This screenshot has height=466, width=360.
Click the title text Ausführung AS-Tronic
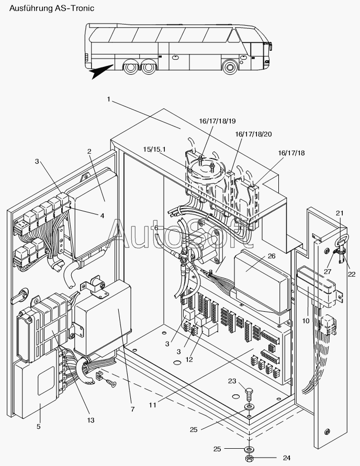point(52,8)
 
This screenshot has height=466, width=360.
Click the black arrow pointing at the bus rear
point(102,71)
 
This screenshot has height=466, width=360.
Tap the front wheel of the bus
point(230,67)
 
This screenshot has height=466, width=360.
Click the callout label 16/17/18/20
point(253,134)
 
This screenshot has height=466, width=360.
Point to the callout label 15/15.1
point(154,149)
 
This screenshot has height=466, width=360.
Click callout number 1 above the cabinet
point(109,99)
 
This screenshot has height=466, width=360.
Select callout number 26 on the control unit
point(272,256)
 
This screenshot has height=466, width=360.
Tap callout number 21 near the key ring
point(340,213)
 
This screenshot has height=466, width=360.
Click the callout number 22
point(352,274)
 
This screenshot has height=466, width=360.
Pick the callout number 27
point(328,271)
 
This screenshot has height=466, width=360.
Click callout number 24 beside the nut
point(286,458)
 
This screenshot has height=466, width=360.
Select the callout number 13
point(91,420)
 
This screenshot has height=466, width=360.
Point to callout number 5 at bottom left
point(38,426)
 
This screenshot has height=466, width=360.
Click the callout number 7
point(132,409)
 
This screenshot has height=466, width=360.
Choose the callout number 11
point(152,405)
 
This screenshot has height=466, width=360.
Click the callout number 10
point(306,321)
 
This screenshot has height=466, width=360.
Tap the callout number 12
point(189,359)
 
